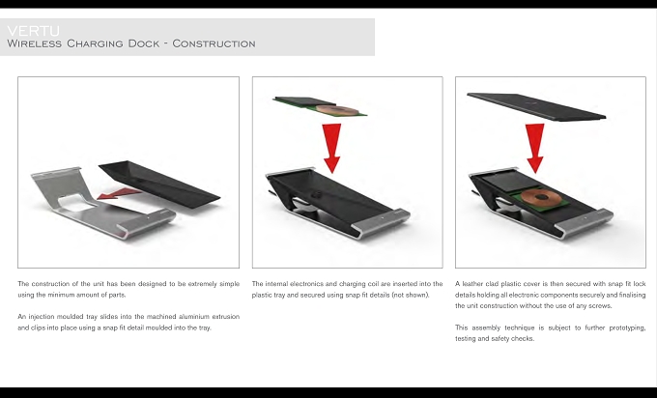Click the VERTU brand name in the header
[34, 31]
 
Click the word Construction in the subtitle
[214, 43]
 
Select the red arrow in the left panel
[120, 193]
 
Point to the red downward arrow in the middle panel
[331, 148]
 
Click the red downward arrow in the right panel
[535, 148]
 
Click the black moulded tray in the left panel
[159, 185]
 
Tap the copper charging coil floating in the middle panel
[337, 110]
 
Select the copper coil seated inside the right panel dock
[540, 196]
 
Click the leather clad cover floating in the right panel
[536, 107]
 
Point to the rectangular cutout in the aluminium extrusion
[76, 202]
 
